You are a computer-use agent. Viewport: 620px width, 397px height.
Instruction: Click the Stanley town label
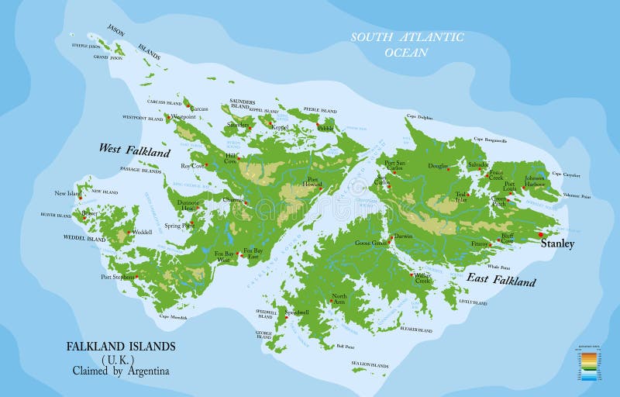[x=557, y=244]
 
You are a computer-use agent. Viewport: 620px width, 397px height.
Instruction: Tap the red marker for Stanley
[x=541, y=235]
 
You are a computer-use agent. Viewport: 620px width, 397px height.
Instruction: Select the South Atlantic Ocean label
[x=407, y=44]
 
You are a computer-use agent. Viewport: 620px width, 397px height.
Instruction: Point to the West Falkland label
[x=134, y=150]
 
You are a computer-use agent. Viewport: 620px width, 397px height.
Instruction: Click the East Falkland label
[x=501, y=279]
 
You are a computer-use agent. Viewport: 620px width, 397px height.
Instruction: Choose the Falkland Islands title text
[x=120, y=346]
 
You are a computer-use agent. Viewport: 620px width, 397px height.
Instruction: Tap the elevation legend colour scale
[x=588, y=364]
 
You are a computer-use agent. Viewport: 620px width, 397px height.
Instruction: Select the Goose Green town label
[x=370, y=243]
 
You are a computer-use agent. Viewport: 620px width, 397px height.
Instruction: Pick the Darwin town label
[x=403, y=236]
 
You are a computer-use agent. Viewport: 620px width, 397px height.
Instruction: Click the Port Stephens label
[x=118, y=276]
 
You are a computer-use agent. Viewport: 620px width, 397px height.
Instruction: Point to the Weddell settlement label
[x=142, y=232]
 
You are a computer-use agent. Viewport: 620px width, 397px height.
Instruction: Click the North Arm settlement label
[x=339, y=298]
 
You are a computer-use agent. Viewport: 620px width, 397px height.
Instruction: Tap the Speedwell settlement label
[x=297, y=311]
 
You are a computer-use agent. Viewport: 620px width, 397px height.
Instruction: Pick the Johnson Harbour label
[x=535, y=181]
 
